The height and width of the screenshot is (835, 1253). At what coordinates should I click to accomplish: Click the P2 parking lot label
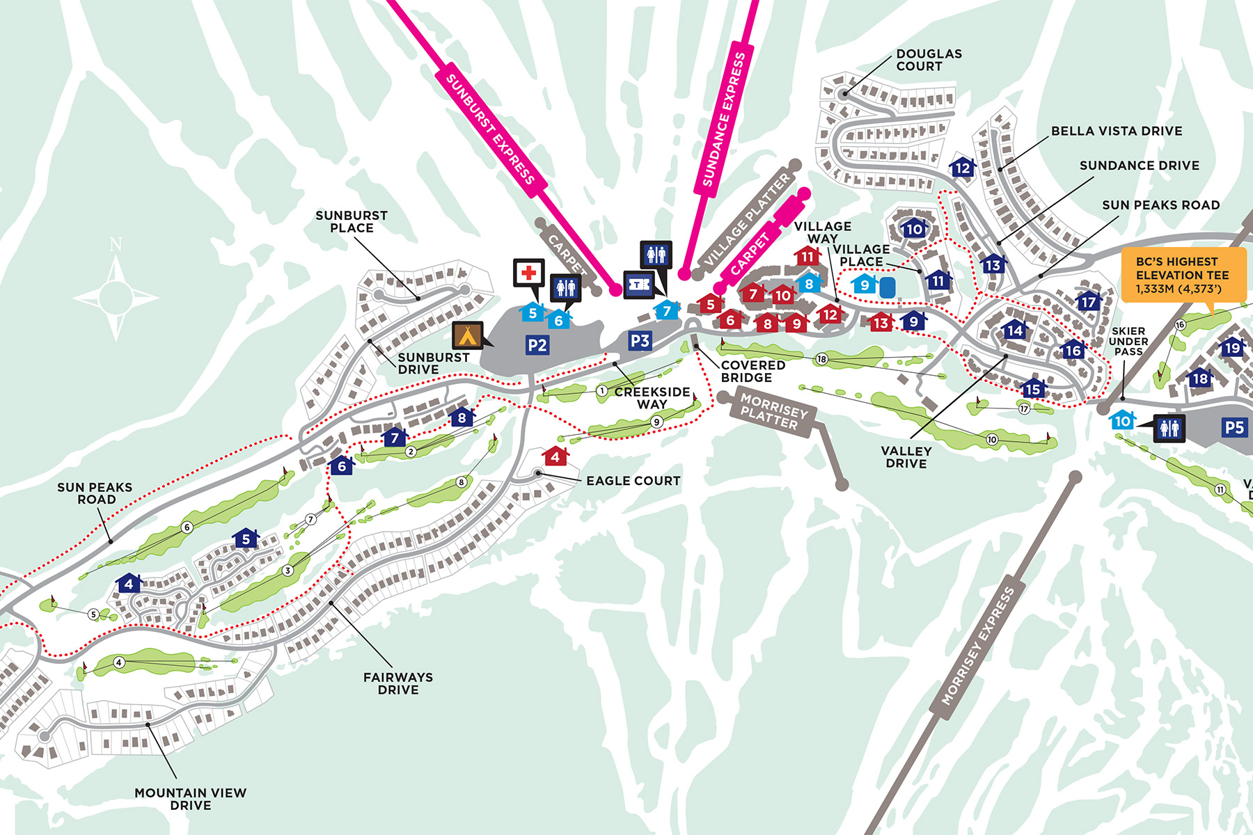(537, 345)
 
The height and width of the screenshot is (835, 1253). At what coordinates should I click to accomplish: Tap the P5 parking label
(1234, 427)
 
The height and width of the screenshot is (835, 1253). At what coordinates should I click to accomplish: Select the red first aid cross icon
(529, 272)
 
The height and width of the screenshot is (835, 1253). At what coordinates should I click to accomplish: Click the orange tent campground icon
(467, 335)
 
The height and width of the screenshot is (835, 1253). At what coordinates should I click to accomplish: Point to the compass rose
(116, 298)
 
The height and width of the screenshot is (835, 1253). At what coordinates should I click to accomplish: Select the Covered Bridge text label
(752, 371)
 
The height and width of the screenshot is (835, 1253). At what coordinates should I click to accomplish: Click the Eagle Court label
(633, 481)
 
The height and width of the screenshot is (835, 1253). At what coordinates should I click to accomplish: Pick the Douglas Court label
(929, 60)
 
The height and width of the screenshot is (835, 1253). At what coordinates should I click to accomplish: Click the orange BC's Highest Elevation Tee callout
(1183, 275)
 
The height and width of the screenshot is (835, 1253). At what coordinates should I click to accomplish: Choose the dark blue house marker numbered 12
(962, 168)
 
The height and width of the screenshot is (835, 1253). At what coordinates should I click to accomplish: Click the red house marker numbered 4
(555, 457)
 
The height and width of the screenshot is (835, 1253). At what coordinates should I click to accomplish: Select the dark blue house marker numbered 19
(1232, 347)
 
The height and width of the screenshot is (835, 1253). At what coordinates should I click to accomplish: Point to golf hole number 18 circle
(821, 359)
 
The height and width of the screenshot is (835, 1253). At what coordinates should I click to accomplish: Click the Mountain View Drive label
(190, 798)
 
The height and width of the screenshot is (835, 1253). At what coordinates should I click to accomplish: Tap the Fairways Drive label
(397, 683)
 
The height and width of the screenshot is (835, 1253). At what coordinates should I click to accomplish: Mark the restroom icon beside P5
(1169, 427)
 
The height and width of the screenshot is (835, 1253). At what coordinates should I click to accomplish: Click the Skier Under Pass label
(1128, 341)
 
